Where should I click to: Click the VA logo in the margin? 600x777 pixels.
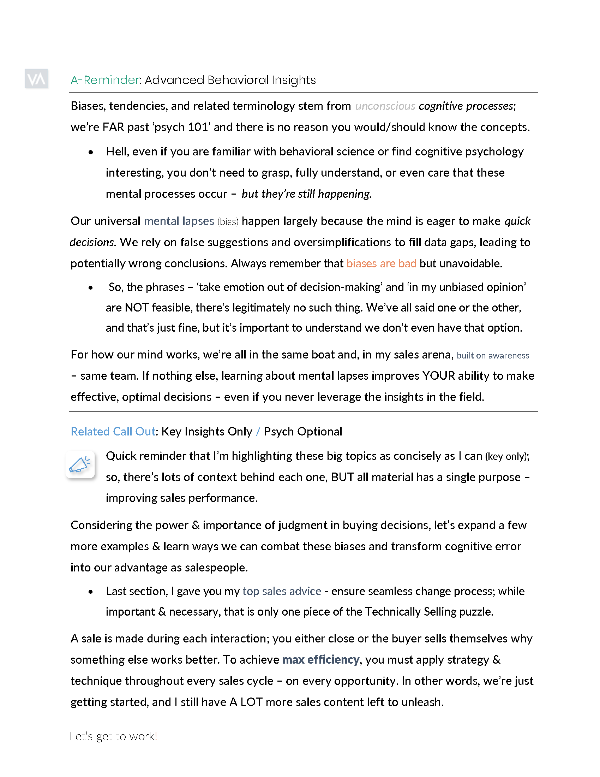coord(36,79)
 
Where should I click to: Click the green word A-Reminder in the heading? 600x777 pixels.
coord(105,80)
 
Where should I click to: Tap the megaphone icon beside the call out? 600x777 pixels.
coord(80,465)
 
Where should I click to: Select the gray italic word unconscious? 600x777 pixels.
coord(385,106)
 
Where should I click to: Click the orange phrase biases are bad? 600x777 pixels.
coord(381,263)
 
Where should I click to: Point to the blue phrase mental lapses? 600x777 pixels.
coord(179,221)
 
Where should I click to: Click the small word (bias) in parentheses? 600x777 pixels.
coord(228,222)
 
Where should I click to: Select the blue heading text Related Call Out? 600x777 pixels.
coord(113,432)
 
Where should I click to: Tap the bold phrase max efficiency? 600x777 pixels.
coord(320,660)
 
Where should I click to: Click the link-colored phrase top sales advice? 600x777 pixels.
coord(282,591)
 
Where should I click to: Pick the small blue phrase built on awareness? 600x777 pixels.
coord(493,355)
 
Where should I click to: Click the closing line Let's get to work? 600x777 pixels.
coord(113,736)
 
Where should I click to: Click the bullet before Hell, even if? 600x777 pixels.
coord(91,152)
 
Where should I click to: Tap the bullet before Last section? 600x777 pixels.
coord(91,592)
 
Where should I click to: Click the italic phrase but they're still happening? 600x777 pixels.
coord(306,194)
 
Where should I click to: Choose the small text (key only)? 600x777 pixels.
coord(507,456)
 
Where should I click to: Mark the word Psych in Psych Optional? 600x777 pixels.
coord(279,432)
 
